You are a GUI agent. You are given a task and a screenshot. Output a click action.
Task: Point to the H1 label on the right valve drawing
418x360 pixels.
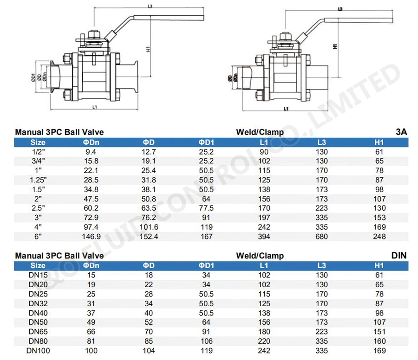click(x=335, y=47)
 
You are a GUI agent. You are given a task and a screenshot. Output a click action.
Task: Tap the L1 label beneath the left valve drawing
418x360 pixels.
click(x=94, y=108)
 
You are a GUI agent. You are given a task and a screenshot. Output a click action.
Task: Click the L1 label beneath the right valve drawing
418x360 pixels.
click(x=286, y=109)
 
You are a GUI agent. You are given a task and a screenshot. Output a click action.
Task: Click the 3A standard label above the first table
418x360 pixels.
click(x=401, y=132)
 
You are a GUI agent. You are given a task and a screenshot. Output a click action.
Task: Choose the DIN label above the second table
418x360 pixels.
click(x=399, y=256)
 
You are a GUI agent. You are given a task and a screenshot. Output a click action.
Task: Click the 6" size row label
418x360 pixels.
click(x=38, y=237)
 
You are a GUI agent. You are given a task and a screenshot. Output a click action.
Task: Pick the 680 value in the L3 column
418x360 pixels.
click(x=321, y=237)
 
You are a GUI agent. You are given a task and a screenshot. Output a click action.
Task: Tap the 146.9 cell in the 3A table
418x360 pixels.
click(x=91, y=237)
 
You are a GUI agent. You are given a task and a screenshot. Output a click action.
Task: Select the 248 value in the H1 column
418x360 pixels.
click(x=379, y=237)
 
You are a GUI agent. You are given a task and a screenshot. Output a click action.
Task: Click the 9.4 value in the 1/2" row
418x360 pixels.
click(x=91, y=152)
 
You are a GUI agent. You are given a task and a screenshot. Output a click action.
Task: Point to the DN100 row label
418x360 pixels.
click(x=38, y=351)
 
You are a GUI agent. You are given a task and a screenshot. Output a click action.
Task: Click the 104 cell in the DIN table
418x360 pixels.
click(x=149, y=351)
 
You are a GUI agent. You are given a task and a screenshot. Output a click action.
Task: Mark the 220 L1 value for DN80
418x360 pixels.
click(x=264, y=341)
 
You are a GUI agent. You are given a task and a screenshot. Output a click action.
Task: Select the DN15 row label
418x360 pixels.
click(x=38, y=275)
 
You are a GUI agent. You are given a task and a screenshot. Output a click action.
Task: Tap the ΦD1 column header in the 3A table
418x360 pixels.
click(x=206, y=142)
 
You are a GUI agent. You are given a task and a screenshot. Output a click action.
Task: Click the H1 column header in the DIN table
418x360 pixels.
click(x=379, y=265)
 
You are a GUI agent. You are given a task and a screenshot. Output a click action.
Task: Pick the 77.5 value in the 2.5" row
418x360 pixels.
click(x=206, y=208)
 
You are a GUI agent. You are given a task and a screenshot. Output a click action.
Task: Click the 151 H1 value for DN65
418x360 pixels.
click(x=379, y=332)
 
